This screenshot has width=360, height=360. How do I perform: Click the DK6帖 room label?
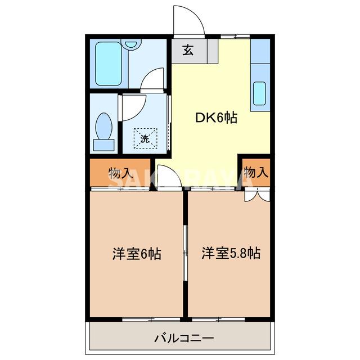click(x=216, y=118)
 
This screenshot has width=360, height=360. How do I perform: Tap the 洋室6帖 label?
click(x=137, y=254)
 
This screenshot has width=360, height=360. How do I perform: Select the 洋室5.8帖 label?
click(x=231, y=254)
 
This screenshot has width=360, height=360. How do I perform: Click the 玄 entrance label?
click(x=188, y=50)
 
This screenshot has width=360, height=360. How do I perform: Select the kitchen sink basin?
click(x=259, y=93)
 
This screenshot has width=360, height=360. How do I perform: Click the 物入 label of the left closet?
click(x=120, y=173)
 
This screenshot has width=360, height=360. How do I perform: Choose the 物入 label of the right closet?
click(x=256, y=172)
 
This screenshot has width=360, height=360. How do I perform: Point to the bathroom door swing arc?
click(x=152, y=80)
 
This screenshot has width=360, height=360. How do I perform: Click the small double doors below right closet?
click(x=256, y=195)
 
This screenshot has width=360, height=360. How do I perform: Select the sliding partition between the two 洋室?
click(x=185, y=254)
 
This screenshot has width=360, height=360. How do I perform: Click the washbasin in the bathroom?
click(x=132, y=44)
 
